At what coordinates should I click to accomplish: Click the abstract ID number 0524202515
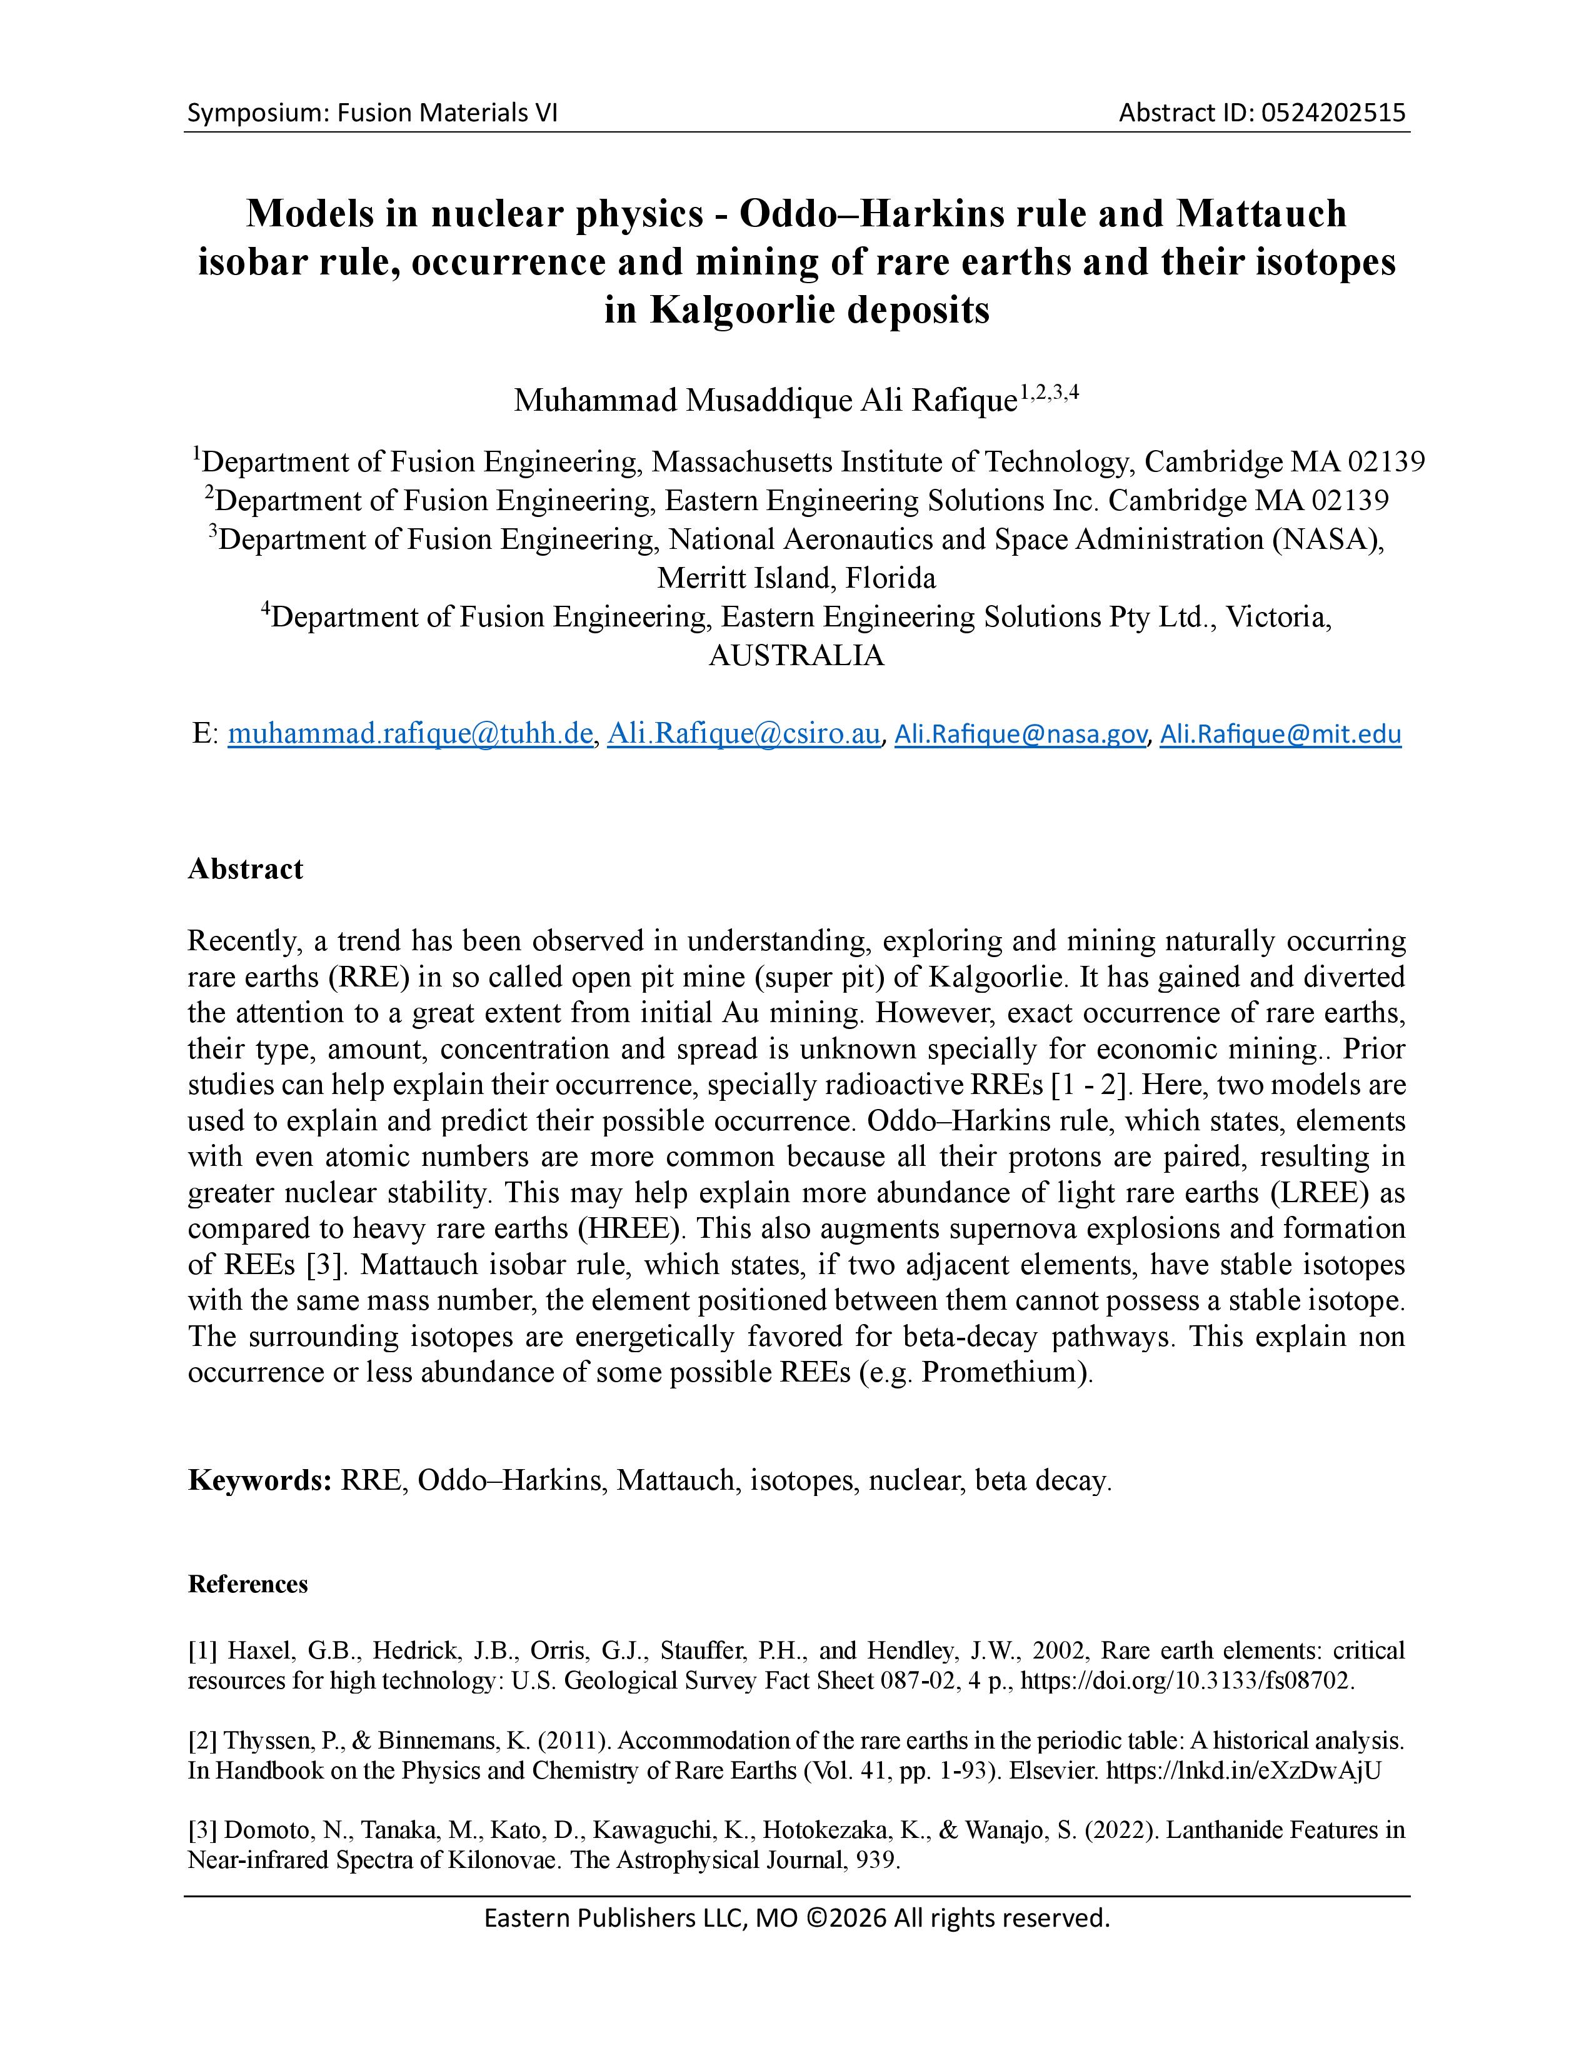coord(1333,113)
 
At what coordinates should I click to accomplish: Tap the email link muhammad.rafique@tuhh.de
coord(410,734)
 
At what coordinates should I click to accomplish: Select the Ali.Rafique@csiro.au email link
coord(743,734)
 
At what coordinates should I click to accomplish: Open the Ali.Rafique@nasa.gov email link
coord(1021,734)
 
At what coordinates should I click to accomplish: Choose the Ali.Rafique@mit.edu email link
coord(1280,734)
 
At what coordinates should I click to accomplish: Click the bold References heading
coord(248,1584)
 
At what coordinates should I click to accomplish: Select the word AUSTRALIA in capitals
coord(796,656)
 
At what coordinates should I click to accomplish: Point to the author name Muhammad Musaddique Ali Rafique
coord(764,401)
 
